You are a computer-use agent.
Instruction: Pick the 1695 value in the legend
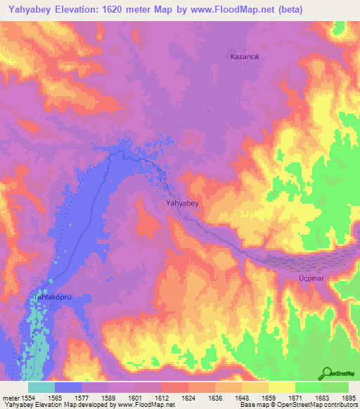[x=348, y=397]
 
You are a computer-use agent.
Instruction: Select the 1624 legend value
[x=188, y=397]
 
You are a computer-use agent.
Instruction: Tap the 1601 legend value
[x=135, y=397]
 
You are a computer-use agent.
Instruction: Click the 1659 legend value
[x=268, y=397]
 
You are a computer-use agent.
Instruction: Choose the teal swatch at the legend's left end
[x=41, y=387]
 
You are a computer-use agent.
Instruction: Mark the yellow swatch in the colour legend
[x=281, y=387]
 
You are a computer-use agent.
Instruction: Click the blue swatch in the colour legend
[x=68, y=387]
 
